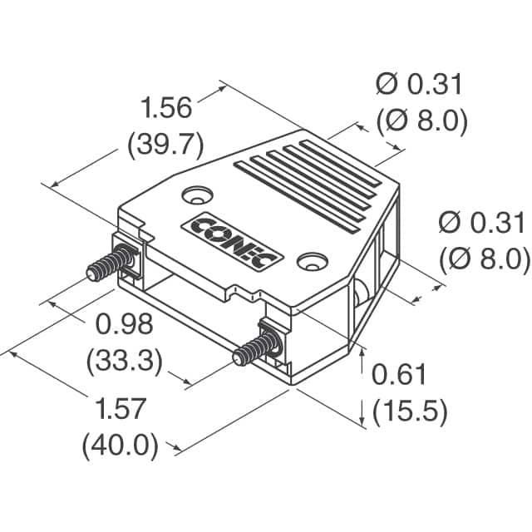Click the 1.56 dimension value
coord(165,108)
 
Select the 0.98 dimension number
coord(124,323)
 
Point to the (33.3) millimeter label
coord(124,360)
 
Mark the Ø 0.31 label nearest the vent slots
coord(418,84)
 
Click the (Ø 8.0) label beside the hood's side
coord(483,259)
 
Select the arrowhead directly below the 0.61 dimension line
coord(364,422)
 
